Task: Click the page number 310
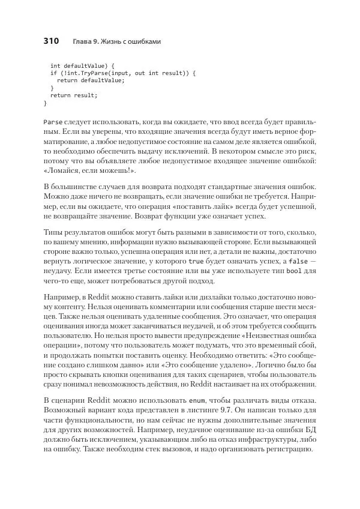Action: pos(51,41)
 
